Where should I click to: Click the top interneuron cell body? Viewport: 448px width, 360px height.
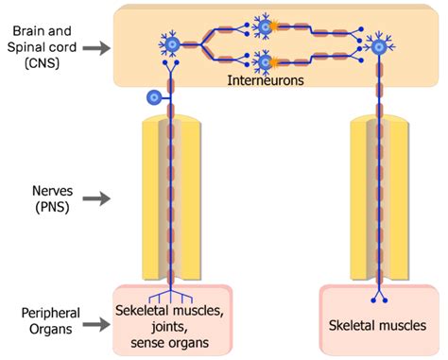265,26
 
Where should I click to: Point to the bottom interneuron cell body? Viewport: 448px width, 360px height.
265,62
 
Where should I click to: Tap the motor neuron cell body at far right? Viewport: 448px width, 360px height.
381,44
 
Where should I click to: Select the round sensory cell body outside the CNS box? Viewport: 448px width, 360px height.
153,97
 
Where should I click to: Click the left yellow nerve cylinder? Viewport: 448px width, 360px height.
171,199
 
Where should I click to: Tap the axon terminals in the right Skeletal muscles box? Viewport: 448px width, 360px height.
380,299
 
